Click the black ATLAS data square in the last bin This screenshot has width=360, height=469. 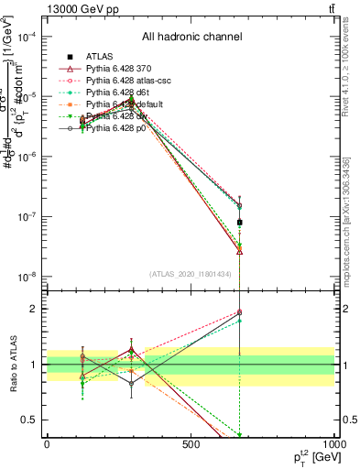[239, 223]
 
